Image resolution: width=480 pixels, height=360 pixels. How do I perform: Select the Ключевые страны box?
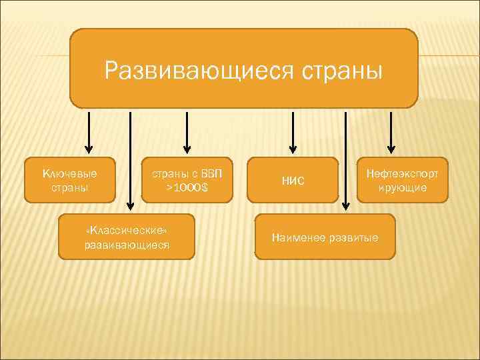(x=70, y=180)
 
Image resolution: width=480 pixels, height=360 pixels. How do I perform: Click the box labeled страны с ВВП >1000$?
(x=187, y=180)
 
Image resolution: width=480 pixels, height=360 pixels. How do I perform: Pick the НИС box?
(x=293, y=180)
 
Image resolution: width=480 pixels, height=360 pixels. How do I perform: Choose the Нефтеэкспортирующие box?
(x=403, y=180)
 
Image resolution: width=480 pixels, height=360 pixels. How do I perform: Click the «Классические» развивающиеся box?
(x=127, y=237)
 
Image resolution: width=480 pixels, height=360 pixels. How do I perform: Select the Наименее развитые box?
(x=325, y=237)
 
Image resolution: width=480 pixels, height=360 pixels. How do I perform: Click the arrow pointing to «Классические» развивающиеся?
(x=129, y=160)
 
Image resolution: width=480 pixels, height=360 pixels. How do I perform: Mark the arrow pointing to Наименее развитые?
(x=345, y=160)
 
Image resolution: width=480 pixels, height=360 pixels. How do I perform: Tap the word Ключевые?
(x=70, y=173)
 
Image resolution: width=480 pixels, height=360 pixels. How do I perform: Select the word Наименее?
(x=296, y=237)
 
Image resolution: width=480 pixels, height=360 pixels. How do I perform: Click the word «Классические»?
(x=127, y=230)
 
